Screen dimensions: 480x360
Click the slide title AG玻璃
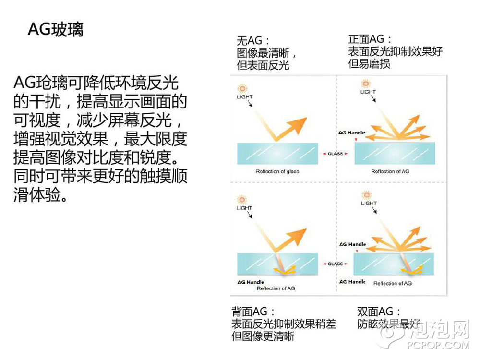point(55,29)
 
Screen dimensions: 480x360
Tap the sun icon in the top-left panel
point(242,89)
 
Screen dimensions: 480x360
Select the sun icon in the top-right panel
point(366,83)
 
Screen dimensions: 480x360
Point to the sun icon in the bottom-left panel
point(242,200)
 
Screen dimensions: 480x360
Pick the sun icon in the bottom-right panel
point(366,195)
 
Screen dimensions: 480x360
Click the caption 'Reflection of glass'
point(277,171)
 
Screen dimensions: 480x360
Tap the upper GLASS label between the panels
point(335,154)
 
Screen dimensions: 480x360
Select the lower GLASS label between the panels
point(335,264)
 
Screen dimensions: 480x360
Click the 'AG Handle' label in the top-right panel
point(352,132)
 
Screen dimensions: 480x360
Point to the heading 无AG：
point(253,40)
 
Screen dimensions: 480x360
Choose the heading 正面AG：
point(370,39)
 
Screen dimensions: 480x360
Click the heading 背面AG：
point(253,312)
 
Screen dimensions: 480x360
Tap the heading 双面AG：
point(379,312)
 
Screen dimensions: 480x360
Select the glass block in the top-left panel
point(277,154)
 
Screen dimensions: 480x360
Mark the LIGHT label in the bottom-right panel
point(369,203)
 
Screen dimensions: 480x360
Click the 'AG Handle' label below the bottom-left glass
point(251,282)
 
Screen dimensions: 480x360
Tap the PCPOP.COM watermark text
point(438,345)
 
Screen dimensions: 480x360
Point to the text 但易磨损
point(369,64)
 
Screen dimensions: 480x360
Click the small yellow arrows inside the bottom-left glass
point(285,270)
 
